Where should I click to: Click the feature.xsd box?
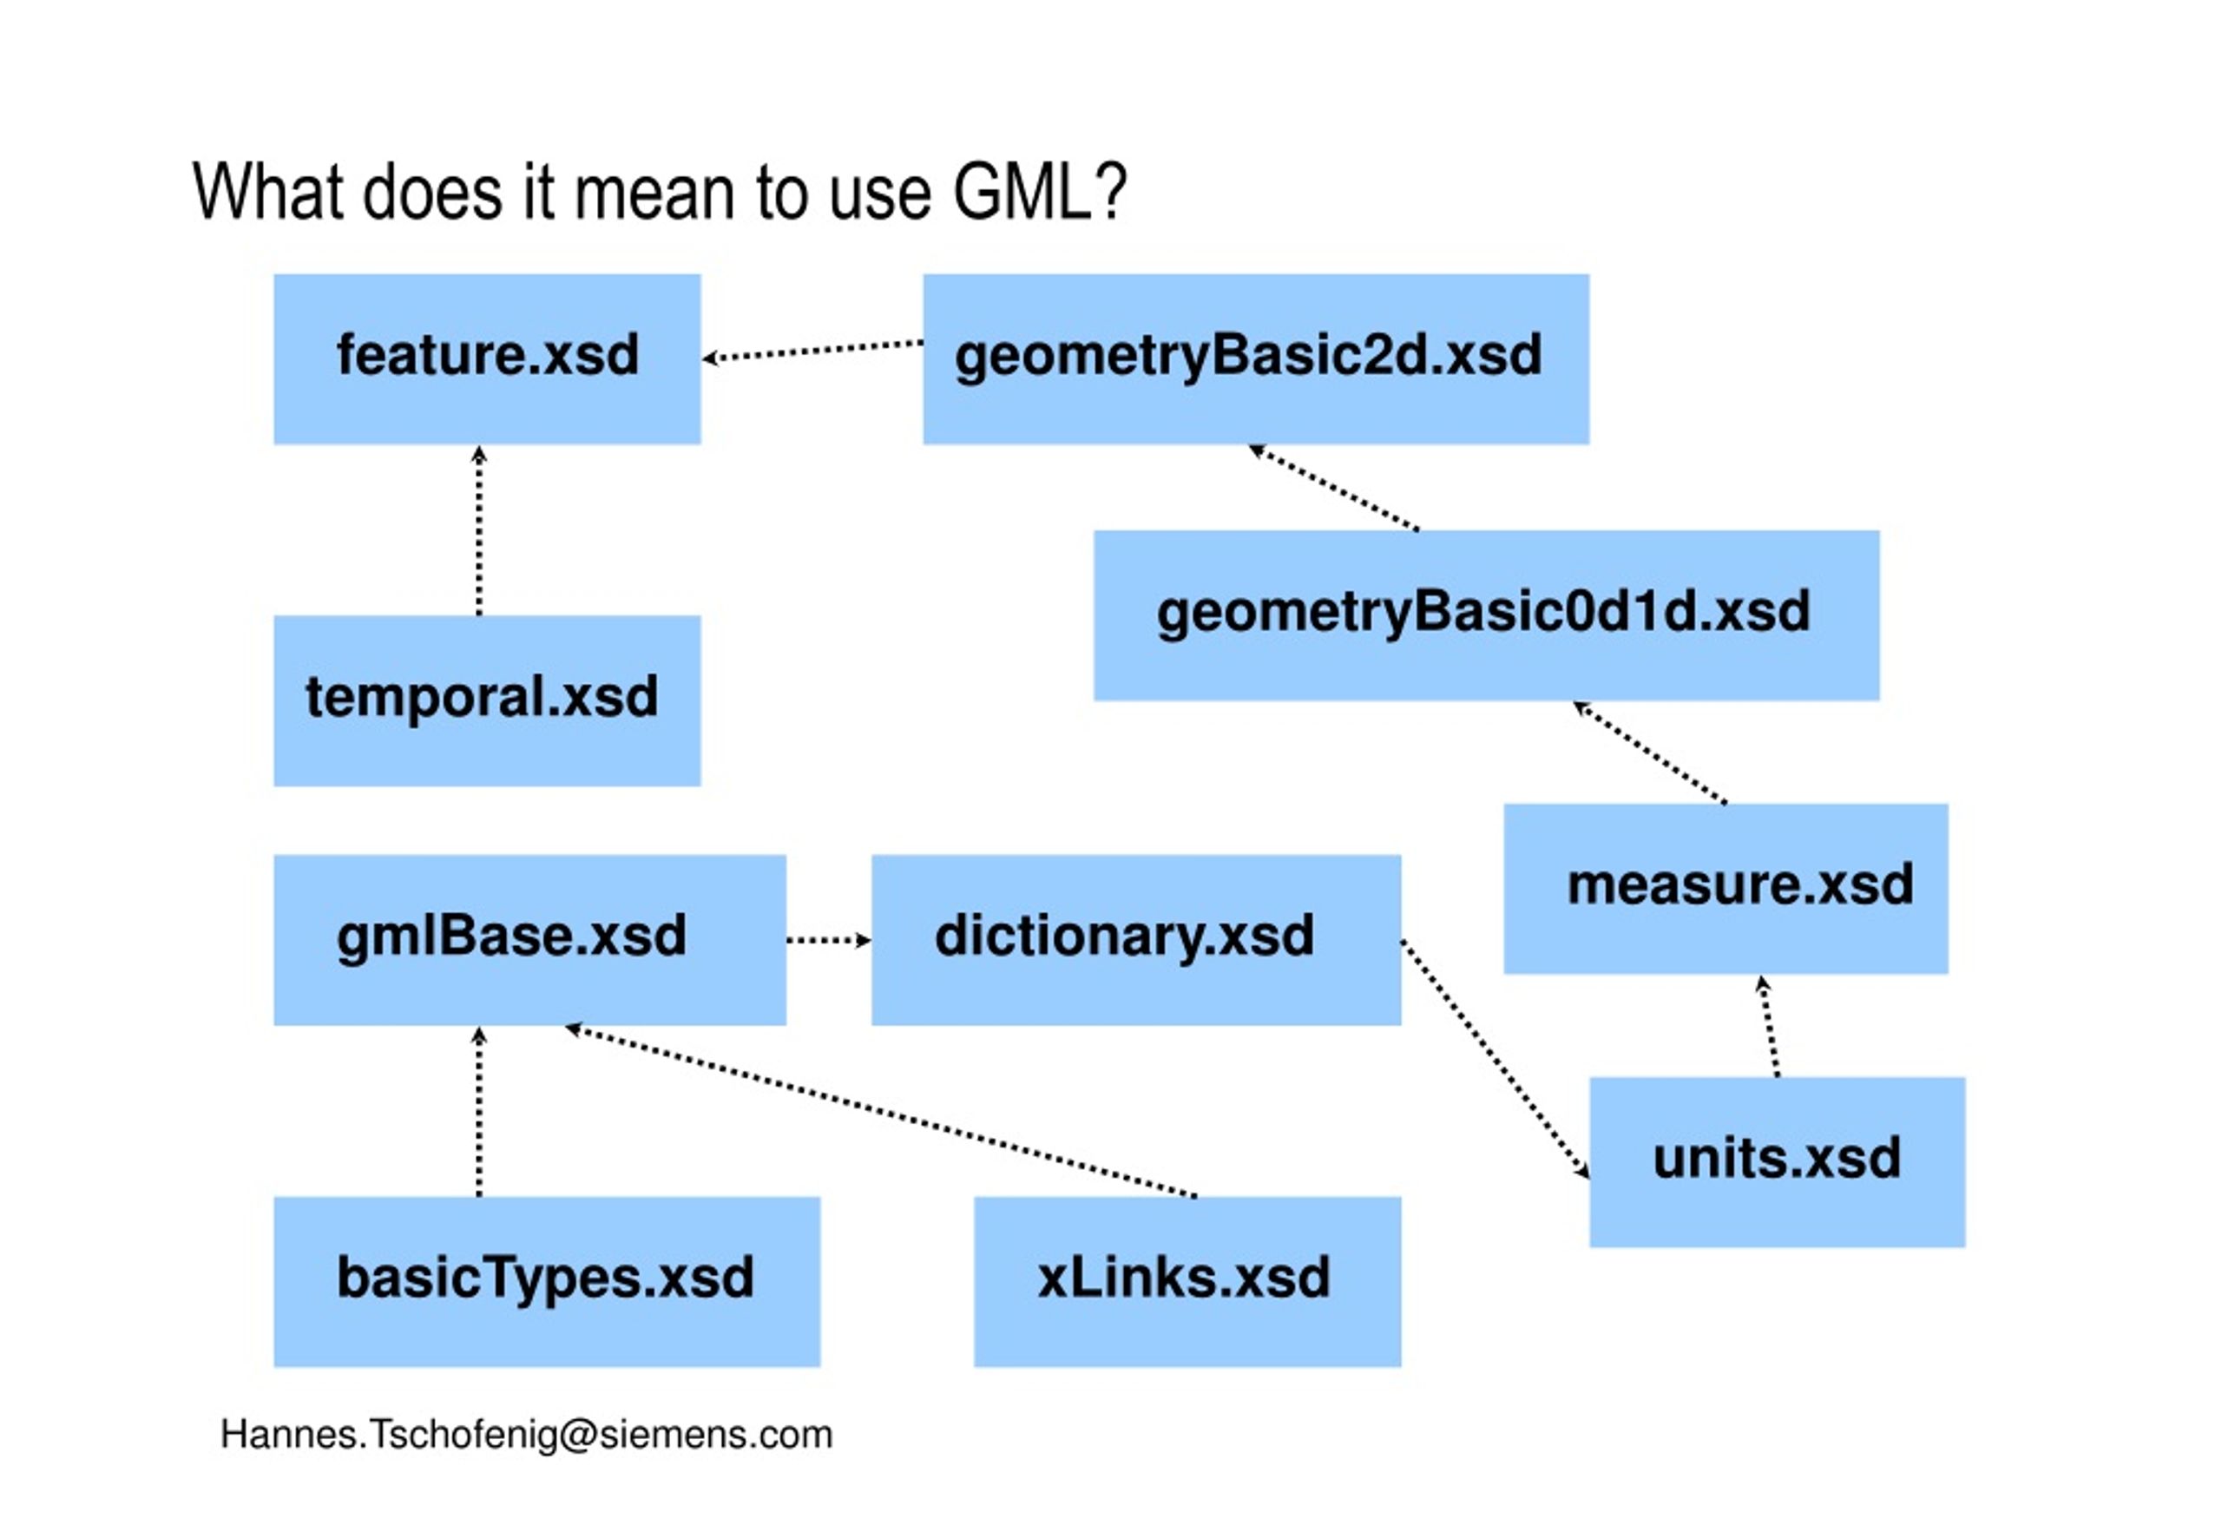(x=487, y=358)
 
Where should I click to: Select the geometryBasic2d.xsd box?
(x=1256, y=358)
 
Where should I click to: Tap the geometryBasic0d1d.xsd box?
(x=1486, y=615)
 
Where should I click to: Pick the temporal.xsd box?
(x=487, y=700)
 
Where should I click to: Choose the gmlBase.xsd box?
(x=529, y=940)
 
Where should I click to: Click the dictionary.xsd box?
(x=1136, y=940)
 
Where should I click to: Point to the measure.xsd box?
(x=1726, y=889)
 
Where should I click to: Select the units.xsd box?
(x=1777, y=1162)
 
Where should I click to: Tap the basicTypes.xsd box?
(x=546, y=1282)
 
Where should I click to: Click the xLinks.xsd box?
(x=1187, y=1282)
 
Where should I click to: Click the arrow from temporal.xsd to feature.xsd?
(x=479, y=530)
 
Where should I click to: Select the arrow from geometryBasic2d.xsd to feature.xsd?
(x=812, y=351)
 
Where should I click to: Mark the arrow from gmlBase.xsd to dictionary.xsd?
(x=829, y=940)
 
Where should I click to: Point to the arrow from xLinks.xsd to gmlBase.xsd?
(x=881, y=1112)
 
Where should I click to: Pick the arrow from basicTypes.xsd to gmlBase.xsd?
(x=479, y=1112)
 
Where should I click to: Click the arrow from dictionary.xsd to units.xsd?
(x=1496, y=1058)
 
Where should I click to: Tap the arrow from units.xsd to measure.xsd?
(x=1769, y=1026)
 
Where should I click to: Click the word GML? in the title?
(x=1040, y=192)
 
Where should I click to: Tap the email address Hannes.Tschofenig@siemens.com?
(x=526, y=1435)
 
